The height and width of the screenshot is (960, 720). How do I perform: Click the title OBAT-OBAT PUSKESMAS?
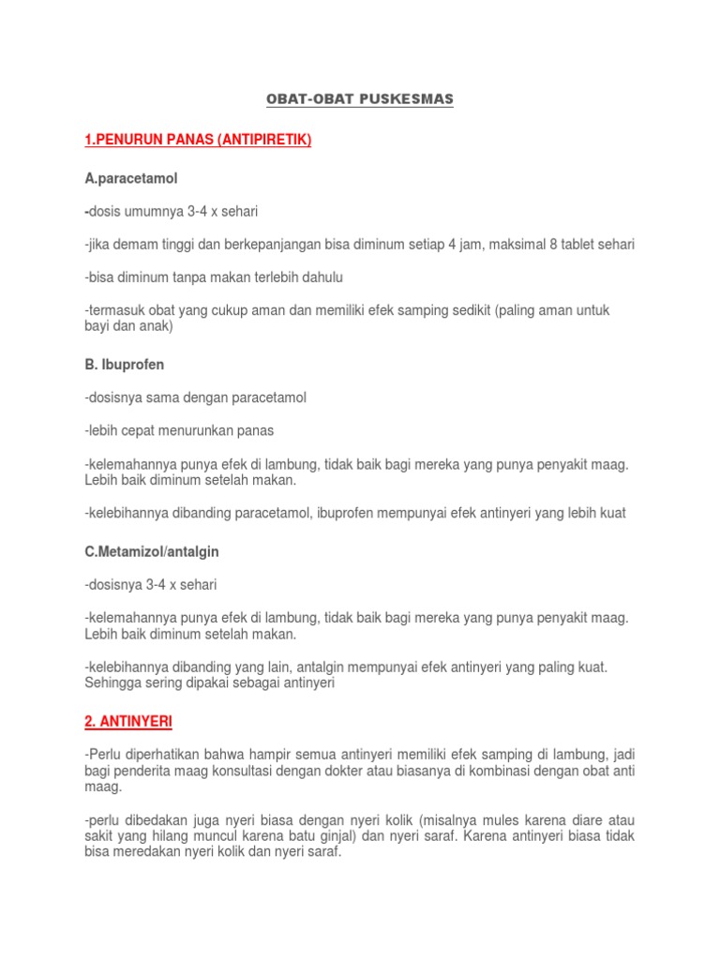359,99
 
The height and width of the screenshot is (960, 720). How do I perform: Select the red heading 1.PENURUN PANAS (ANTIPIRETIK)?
197,141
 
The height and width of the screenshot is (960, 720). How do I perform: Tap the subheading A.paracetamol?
130,177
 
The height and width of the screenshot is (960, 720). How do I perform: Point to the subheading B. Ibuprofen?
130,365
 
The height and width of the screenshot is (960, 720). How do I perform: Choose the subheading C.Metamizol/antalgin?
151,552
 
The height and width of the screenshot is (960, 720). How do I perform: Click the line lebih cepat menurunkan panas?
179,430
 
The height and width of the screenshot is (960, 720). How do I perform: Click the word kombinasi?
543,771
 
